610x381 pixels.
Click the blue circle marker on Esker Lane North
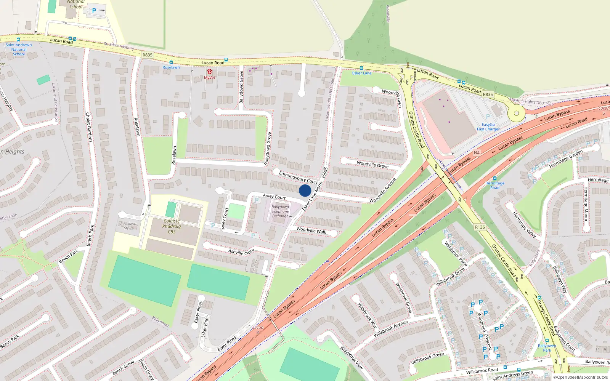coord(305,190)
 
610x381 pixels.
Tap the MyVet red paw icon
coord(209,72)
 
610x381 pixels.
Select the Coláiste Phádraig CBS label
coord(172,226)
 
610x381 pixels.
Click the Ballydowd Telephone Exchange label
coord(280,211)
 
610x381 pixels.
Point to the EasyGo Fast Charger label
coord(488,127)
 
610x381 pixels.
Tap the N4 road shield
coord(477,153)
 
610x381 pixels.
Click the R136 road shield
coord(480,227)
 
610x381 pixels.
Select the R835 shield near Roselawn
coord(148,55)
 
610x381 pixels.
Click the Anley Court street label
coord(274,197)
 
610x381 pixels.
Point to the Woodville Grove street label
coord(372,165)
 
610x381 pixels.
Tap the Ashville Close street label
coord(241,252)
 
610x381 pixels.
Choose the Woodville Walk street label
coord(311,231)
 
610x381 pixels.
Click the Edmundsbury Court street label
coord(298,177)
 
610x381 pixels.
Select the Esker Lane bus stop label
coord(361,73)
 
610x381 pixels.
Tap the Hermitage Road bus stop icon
coord(495,178)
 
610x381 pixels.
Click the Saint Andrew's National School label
coord(19,50)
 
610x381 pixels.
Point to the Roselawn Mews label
coord(128,226)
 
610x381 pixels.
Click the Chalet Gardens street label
coord(88,127)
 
